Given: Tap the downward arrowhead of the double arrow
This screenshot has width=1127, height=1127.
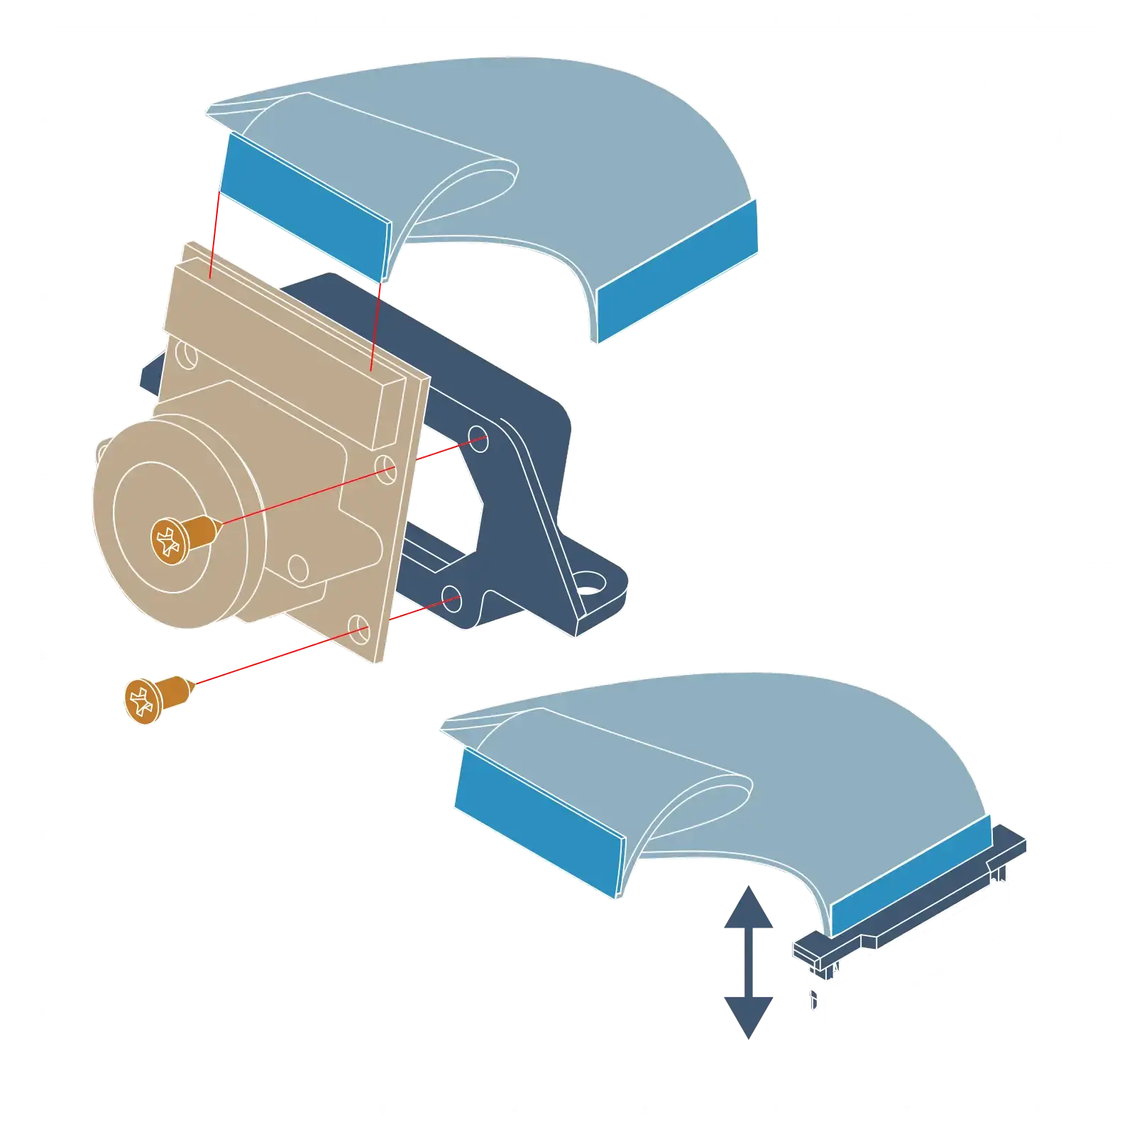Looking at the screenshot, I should click(749, 1015).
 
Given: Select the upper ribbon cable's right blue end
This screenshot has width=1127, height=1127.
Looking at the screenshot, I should click(678, 270).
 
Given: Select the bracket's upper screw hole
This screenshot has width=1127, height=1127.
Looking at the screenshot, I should click(478, 434).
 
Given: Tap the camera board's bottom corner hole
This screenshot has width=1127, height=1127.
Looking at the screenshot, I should click(360, 627).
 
